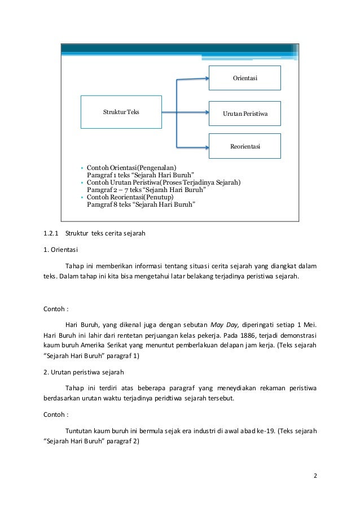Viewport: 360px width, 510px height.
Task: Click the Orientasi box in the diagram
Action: (245, 78)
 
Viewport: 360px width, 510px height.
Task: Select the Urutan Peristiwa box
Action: (245, 114)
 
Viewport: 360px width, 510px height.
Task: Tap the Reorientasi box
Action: (245, 146)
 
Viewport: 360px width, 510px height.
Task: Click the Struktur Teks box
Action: (121, 112)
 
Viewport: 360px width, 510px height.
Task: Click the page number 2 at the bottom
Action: (316, 475)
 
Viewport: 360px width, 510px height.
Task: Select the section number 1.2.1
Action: (51, 233)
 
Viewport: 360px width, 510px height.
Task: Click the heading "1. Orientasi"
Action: (62, 249)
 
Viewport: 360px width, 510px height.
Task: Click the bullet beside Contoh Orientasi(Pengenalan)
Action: (82, 168)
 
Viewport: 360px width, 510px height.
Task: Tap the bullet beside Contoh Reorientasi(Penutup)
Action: (82, 197)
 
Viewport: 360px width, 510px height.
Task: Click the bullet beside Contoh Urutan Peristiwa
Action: (82, 182)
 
